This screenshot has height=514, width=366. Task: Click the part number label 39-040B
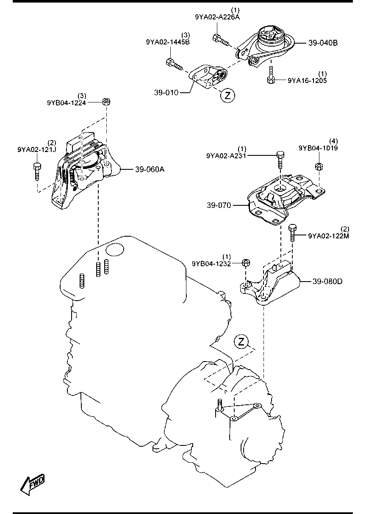[323, 43]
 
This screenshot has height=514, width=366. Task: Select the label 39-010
[166, 93]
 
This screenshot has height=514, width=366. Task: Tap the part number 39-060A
[150, 169]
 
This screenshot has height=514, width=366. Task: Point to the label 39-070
[219, 205]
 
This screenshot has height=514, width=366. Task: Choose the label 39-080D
[327, 281]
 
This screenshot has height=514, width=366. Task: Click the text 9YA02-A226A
[217, 17]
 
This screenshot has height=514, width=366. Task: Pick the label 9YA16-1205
[307, 80]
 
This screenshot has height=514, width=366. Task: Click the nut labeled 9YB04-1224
[106, 102]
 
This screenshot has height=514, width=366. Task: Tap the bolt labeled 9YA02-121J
[37, 172]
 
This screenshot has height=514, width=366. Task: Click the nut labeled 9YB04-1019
[319, 166]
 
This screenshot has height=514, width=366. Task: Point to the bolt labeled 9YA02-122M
[292, 232]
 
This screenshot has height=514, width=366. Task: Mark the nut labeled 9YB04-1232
[246, 263]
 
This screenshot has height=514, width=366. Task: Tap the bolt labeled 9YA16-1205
[271, 75]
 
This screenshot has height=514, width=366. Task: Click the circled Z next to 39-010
[227, 95]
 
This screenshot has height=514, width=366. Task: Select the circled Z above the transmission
[241, 342]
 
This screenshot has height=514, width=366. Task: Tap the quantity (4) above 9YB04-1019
[333, 141]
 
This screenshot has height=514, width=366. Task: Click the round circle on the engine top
[115, 249]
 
